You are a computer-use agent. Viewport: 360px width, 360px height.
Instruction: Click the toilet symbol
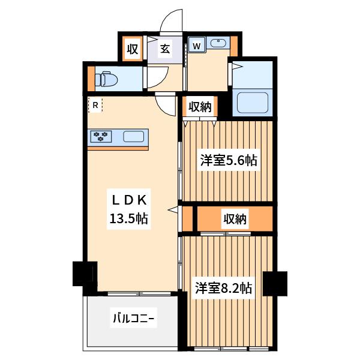tap(106, 80)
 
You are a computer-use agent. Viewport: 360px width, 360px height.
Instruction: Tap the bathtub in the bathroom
tap(253, 103)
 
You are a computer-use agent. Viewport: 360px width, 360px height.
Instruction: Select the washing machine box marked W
tap(197, 45)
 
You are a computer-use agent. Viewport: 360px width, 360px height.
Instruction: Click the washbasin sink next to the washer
tap(218, 43)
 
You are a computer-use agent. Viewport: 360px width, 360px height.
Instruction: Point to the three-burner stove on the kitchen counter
tap(101, 137)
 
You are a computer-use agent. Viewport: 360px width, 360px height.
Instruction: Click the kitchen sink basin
tap(134, 137)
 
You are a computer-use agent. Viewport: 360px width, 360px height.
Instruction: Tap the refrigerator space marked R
tap(95, 105)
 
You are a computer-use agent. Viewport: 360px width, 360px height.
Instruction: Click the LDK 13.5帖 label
tap(129, 209)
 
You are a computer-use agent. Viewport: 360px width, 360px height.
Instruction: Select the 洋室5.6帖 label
tap(229, 160)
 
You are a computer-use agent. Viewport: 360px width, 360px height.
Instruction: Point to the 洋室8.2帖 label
tap(224, 288)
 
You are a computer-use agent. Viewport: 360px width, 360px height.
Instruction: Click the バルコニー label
tap(133, 318)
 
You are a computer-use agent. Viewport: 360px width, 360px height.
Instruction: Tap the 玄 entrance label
tap(165, 49)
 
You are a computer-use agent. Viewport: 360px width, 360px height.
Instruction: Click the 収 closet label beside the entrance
tap(133, 49)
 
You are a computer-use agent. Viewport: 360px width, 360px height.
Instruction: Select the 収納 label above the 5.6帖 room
tap(200, 107)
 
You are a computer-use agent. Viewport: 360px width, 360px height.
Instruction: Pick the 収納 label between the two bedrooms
tap(235, 219)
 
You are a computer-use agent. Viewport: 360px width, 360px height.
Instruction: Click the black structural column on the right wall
tap(275, 283)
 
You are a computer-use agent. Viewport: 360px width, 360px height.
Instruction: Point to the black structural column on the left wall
tap(85, 274)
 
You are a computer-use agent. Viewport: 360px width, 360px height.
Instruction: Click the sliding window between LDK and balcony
tap(139, 293)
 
